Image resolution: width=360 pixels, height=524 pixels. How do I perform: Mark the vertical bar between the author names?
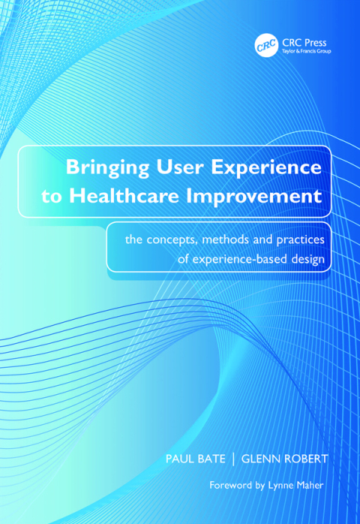(230, 456)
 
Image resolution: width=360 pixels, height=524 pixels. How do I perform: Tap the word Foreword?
(235, 486)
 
